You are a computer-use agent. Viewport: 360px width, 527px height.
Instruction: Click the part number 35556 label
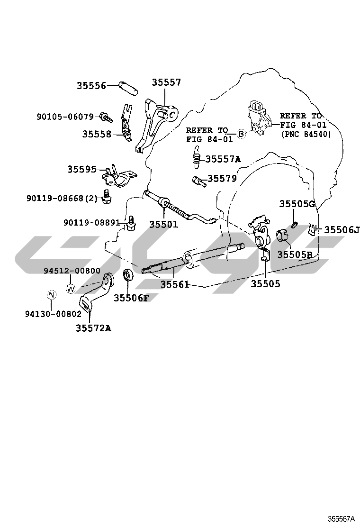pos(91,86)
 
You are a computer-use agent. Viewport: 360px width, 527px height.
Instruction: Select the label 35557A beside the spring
pos(223,159)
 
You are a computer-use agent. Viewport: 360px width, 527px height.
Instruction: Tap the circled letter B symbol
pos(241,134)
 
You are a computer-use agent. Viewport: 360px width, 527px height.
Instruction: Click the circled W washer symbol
pos(71,288)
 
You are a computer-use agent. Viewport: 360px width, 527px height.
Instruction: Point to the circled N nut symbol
pos(51,295)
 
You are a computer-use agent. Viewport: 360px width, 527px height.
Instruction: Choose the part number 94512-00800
pos(72,271)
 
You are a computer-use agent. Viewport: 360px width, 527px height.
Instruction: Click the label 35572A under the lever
pos(93,328)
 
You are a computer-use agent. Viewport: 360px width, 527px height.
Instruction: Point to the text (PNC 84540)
pos(305,134)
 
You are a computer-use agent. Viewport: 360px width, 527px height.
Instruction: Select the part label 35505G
pos(297,204)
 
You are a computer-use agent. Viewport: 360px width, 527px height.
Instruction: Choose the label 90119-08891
pos(91,222)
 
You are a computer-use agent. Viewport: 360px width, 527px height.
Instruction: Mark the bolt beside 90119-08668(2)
pos(107,197)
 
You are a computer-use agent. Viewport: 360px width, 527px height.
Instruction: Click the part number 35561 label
pos(175,284)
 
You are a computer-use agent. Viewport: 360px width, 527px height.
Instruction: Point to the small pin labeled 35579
pos(197,180)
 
